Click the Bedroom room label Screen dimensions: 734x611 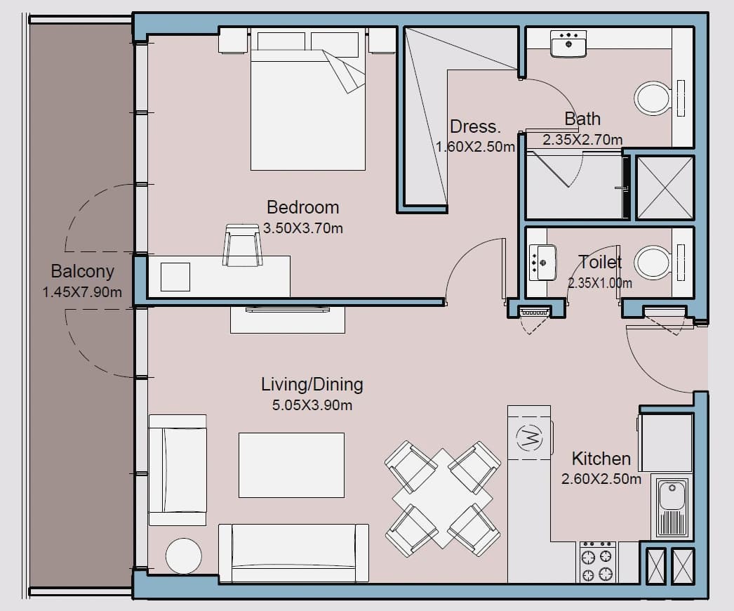[303, 208]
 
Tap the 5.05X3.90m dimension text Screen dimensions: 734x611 [312, 405]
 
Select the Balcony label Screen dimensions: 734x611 [82, 271]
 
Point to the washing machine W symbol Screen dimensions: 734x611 [529, 438]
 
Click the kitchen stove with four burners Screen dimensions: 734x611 [597, 562]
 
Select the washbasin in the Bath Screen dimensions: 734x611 [568, 44]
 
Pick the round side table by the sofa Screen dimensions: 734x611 [184, 556]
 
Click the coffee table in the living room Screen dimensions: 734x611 [292, 465]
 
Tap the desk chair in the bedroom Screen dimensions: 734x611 [242, 245]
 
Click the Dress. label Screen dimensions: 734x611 [475, 126]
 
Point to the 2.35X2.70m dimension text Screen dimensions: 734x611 [582, 140]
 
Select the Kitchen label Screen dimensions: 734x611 [601, 458]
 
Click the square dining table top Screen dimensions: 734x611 [442, 499]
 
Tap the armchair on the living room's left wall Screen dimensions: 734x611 [178, 470]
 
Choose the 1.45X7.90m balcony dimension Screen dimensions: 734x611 [82, 292]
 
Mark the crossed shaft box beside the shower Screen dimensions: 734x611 [665, 188]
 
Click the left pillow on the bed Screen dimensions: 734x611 [281, 41]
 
